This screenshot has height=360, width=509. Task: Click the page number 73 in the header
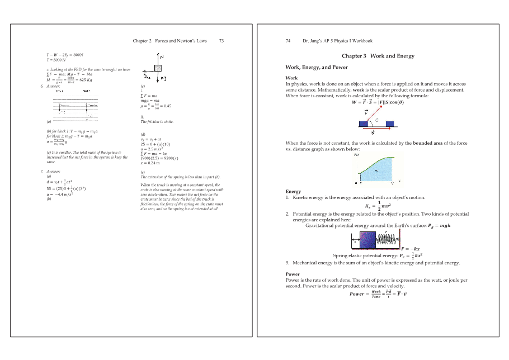pyautogui.click(x=221, y=41)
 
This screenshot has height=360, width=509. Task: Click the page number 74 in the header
pyautogui.click(x=288, y=41)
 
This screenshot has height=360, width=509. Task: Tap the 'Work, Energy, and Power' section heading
pyautogui.click(x=317, y=67)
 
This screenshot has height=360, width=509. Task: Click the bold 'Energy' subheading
pyautogui.click(x=293, y=192)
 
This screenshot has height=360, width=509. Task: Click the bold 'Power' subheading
pyautogui.click(x=292, y=274)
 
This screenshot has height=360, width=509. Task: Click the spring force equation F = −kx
pyautogui.click(x=411, y=249)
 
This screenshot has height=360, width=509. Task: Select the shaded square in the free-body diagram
pyautogui.click(x=158, y=67)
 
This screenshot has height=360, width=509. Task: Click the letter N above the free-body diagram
pyautogui.click(x=162, y=56)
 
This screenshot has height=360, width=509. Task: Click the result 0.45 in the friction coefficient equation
pyautogui.click(x=167, y=106)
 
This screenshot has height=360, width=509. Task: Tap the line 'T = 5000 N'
pyautogui.click(x=56, y=60)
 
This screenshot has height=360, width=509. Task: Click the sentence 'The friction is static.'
pyautogui.click(x=157, y=121)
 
